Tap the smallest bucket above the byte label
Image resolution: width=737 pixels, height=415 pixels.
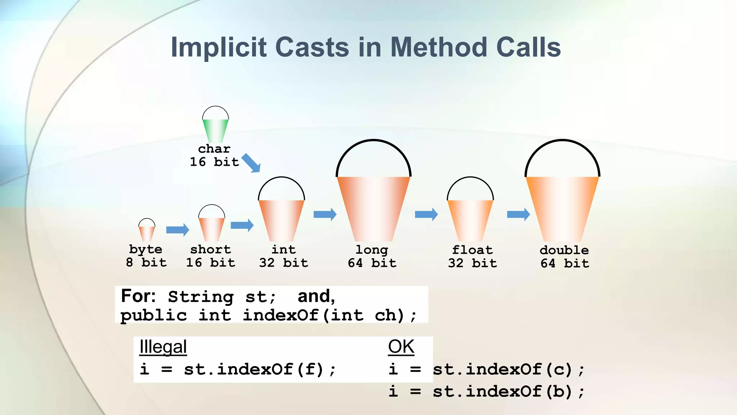pyautogui.click(x=147, y=233)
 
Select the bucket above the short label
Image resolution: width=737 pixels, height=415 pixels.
pyautogui.click(x=212, y=228)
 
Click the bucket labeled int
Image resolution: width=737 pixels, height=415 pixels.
pyautogui.click(x=281, y=220)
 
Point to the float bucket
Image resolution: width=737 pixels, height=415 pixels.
pyautogui.click(x=470, y=220)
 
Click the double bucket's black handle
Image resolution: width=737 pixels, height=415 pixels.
pyautogui.click(x=562, y=141)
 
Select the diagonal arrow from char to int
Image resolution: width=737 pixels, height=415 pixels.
pyautogui.click(x=251, y=163)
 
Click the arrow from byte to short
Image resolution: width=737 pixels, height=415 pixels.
pyautogui.click(x=178, y=229)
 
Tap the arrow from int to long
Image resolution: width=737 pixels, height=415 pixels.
pyautogui.click(x=325, y=214)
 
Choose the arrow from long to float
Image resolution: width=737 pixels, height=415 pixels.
pyautogui.click(x=426, y=214)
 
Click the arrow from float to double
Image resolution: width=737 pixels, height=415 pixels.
pyautogui.click(x=519, y=214)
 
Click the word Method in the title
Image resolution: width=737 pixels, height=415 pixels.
pyautogui.click(x=439, y=47)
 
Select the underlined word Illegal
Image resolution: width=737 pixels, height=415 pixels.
pyautogui.click(x=163, y=347)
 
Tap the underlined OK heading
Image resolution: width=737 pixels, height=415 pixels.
pyautogui.click(x=401, y=347)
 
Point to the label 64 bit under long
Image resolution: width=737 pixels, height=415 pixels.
pyautogui.click(x=372, y=263)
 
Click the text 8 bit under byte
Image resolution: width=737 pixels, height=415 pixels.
pyautogui.click(x=146, y=262)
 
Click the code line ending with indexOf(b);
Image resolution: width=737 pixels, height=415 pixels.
pyautogui.click(x=487, y=392)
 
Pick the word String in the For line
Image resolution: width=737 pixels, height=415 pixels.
pyautogui.click(x=201, y=297)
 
